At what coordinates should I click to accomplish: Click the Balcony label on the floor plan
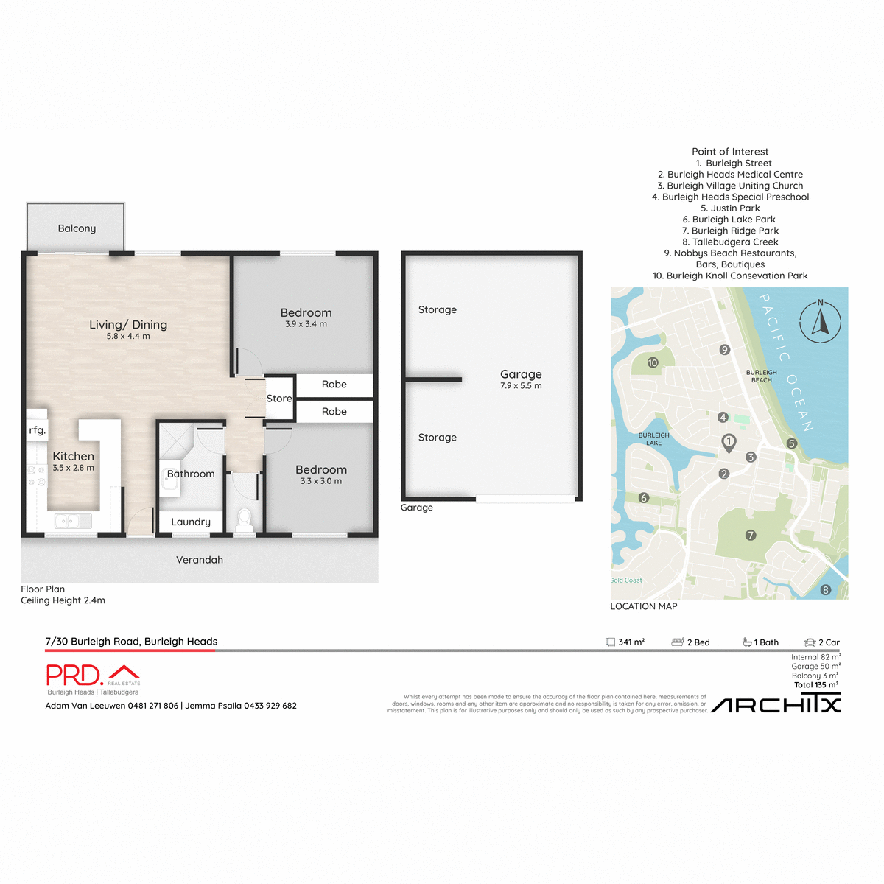pos(77,228)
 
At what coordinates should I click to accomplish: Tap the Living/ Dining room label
pos(128,325)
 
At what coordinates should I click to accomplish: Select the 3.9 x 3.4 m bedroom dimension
pos(306,324)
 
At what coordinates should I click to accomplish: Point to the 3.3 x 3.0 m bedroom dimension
pos(321,481)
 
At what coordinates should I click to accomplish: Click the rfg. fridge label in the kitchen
pos(38,430)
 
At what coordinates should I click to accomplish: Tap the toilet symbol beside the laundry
pos(245,520)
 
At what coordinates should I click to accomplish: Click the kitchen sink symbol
pos(73,522)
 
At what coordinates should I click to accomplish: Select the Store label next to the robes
pos(279,399)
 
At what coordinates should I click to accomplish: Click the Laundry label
pos(191,522)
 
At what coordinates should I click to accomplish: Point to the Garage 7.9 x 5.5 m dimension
pos(521,386)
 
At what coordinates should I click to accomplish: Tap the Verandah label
pos(199,560)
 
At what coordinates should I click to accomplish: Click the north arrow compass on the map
pos(821,321)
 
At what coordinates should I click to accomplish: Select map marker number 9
pos(725,350)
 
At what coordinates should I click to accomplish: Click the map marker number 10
pos(653,362)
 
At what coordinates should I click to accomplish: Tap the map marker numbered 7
pos(751,536)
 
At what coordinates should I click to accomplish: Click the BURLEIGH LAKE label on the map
pos(653,439)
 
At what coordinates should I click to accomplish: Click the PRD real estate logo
pos(93,676)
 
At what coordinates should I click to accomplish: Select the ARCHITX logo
pos(776,705)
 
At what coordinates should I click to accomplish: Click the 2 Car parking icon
pos(810,642)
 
